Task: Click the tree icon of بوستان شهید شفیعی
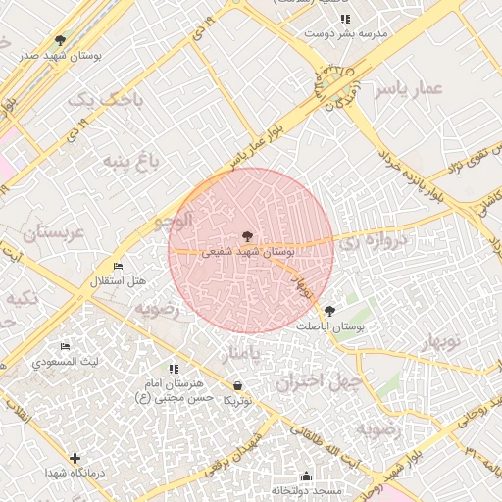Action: pyautogui.click(x=246, y=235)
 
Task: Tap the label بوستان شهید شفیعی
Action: pyautogui.click(x=248, y=252)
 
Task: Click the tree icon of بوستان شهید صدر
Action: pyautogui.click(x=60, y=40)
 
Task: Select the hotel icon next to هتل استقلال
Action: pyautogui.click(x=119, y=267)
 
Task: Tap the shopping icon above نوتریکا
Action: pyautogui.click(x=237, y=385)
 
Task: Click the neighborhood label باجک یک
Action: pyautogui.click(x=108, y=100)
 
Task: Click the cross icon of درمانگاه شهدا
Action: pyautogui.click(x=75, y=458)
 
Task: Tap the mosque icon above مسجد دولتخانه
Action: pyautogui.click(x=306, y=476)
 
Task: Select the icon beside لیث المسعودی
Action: pyautogui.click(x=65, y=347)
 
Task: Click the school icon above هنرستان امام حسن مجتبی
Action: pyautogui.click(x=174, y=369)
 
